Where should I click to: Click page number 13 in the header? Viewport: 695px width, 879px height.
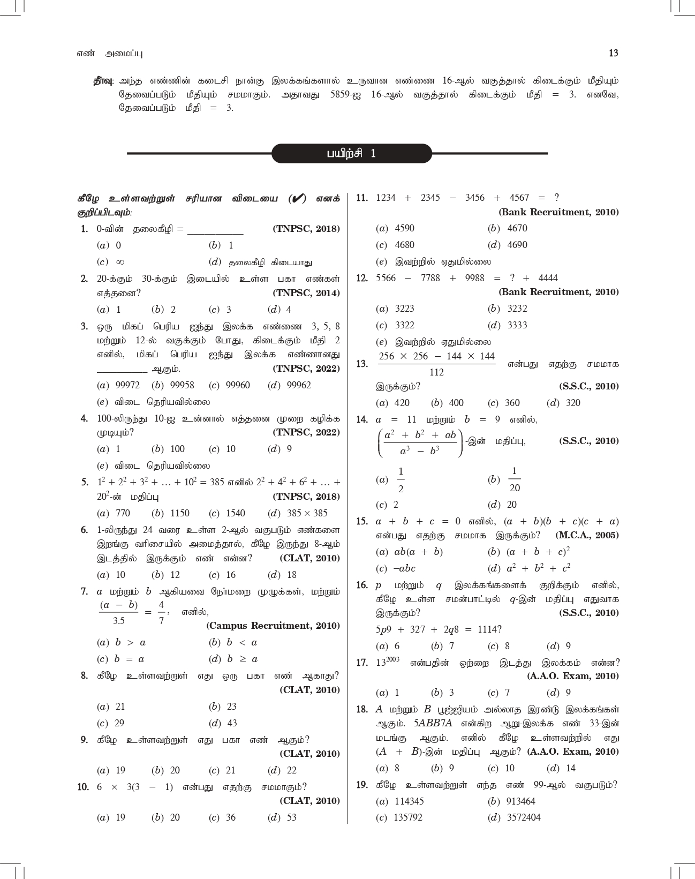(x=614, y=53)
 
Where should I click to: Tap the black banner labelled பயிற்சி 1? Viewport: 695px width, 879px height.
(x=351, y=153)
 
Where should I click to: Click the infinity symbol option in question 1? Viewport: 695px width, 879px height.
(x=120, y=262)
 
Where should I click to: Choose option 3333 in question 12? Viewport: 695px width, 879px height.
(x=517, y=325)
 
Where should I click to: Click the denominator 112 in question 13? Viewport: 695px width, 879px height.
(x=436, y=372)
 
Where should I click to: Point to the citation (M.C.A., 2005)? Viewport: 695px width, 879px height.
(x=587, y=535)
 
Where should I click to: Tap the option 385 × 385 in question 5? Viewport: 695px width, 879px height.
(x=307, y=513)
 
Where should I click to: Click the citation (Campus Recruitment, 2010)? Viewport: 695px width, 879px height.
(x=273, y=626)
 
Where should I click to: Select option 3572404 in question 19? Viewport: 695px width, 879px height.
(x=524, y=817)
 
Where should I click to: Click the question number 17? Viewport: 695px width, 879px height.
(x=362, y=663)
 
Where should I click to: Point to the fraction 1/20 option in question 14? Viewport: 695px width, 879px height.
(x=514, y=479)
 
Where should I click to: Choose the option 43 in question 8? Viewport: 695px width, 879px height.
(x=232, y=723)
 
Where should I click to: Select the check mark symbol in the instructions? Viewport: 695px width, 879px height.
(x=297, y=199)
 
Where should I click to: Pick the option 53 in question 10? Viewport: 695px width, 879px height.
(x=291, y=817)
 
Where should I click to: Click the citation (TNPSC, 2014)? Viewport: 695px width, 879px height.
(x=306, y=293)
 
